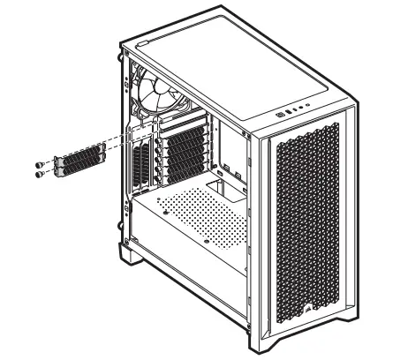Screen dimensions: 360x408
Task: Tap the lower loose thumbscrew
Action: point(40,175)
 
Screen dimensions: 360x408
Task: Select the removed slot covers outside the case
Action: point(79,163)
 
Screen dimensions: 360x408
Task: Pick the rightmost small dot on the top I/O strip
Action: point(308,109)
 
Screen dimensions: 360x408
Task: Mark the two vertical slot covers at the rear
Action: point(140,166)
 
